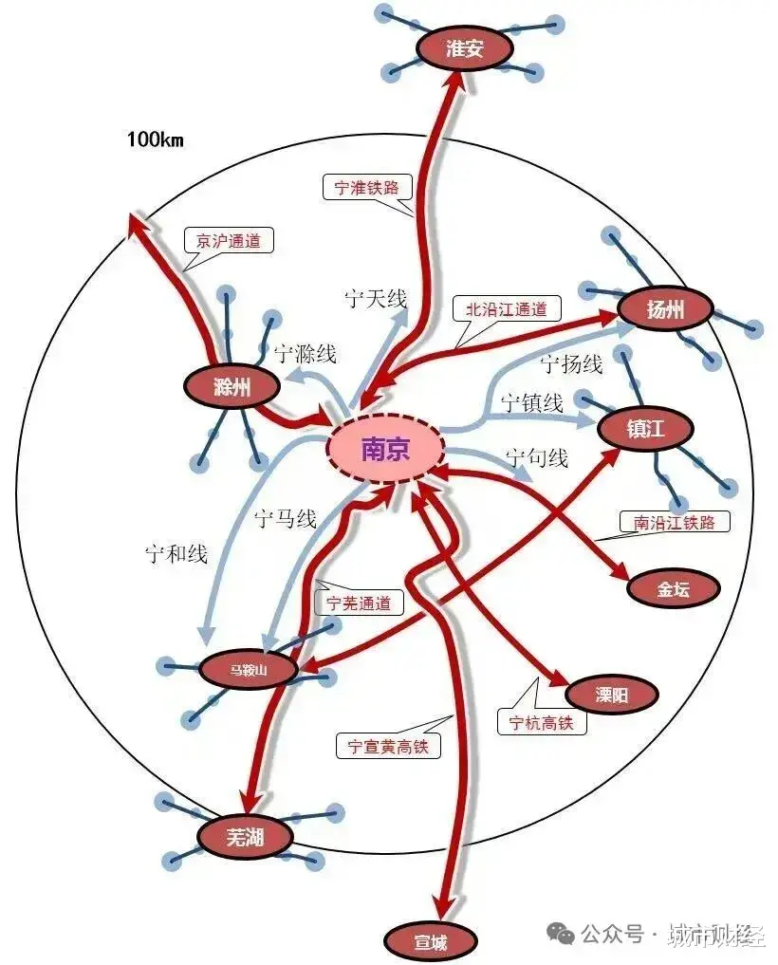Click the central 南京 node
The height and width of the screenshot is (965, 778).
(385, 449)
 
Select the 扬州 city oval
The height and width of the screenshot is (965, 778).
(664, 308)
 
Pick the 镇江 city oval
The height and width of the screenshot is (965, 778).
(646, 429)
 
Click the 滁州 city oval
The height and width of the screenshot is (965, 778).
(232, 386)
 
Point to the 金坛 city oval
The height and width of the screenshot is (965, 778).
(674, 588)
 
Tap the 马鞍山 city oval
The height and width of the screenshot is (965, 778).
(249, 670)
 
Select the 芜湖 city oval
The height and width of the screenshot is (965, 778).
(245, 837)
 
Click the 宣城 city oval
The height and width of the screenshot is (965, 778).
(430, 942)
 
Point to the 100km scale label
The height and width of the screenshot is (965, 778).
(155, 140)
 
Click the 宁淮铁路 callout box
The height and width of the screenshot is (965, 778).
(367, 187)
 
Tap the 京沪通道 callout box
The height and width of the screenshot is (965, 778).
(228, 240)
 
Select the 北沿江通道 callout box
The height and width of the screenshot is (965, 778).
(507, 308)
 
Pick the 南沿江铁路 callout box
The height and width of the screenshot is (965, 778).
(674, 522)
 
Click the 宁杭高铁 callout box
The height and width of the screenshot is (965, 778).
(542, 722)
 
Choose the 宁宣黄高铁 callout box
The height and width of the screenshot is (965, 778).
(388, 746)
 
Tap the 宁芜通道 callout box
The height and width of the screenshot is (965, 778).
(358, 603)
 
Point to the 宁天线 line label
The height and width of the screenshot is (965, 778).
(376, 300)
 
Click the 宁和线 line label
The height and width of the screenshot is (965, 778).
(176, 553)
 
